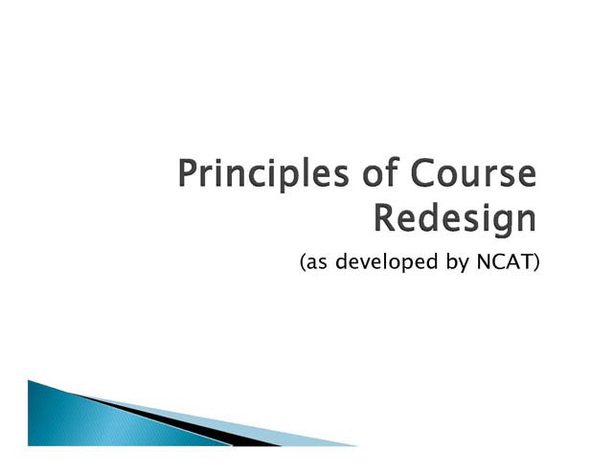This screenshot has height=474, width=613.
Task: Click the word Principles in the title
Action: (263, 174)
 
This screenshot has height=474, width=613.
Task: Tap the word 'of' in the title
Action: (380, 172)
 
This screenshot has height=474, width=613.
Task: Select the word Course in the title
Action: (473, 172)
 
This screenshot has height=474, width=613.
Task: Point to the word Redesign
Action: (455, 219)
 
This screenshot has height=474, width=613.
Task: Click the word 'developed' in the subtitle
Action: (386, 261)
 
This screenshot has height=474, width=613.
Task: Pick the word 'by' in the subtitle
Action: (458, 261)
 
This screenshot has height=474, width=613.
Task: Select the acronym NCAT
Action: (505, 261)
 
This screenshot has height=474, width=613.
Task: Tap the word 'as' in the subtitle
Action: (317, 263)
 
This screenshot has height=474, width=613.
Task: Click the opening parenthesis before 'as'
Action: (303, 262)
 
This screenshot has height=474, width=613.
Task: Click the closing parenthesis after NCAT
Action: (536, 262)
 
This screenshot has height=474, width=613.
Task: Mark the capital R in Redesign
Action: (385, 217)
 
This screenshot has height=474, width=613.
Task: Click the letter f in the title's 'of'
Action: (393, 171)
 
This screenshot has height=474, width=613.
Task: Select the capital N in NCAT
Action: (484, 261)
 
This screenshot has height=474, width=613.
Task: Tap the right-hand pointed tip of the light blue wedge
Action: (357, 445)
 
